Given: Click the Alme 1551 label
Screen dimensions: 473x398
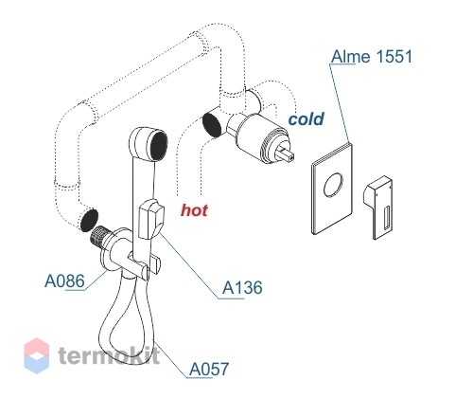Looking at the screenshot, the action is tap(372, 57).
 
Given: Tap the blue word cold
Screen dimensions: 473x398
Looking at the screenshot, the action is tap(306, 118).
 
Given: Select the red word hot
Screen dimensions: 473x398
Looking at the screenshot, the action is tap(194, 210).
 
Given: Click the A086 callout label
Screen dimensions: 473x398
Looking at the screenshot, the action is tap(64, 280).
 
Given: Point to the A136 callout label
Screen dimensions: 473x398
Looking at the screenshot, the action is tap(242, 288).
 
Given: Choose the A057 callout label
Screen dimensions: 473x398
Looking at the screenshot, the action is tap(209, 369).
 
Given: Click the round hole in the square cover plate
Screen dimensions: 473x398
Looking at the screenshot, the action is tap(333, 186).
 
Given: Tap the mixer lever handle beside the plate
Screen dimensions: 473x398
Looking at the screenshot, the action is tap(378, 208).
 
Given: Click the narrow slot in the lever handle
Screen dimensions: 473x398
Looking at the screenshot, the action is tap(387, 218).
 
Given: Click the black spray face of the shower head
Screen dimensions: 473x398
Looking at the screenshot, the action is tap(159, 146).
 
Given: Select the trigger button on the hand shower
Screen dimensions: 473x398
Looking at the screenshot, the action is tap(151, 219).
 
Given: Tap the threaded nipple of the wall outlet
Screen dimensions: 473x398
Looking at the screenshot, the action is tap(100, 236).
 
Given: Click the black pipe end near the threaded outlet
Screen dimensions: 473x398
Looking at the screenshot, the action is tap(89, 220).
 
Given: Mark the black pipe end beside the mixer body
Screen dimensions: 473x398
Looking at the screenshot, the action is tap(211, 125).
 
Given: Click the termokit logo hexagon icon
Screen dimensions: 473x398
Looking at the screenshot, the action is tap(37, 355).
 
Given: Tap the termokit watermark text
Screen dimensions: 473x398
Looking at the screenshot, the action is tap(109, 354).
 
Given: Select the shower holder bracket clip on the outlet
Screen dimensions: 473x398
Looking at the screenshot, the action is tap(145, 265).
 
